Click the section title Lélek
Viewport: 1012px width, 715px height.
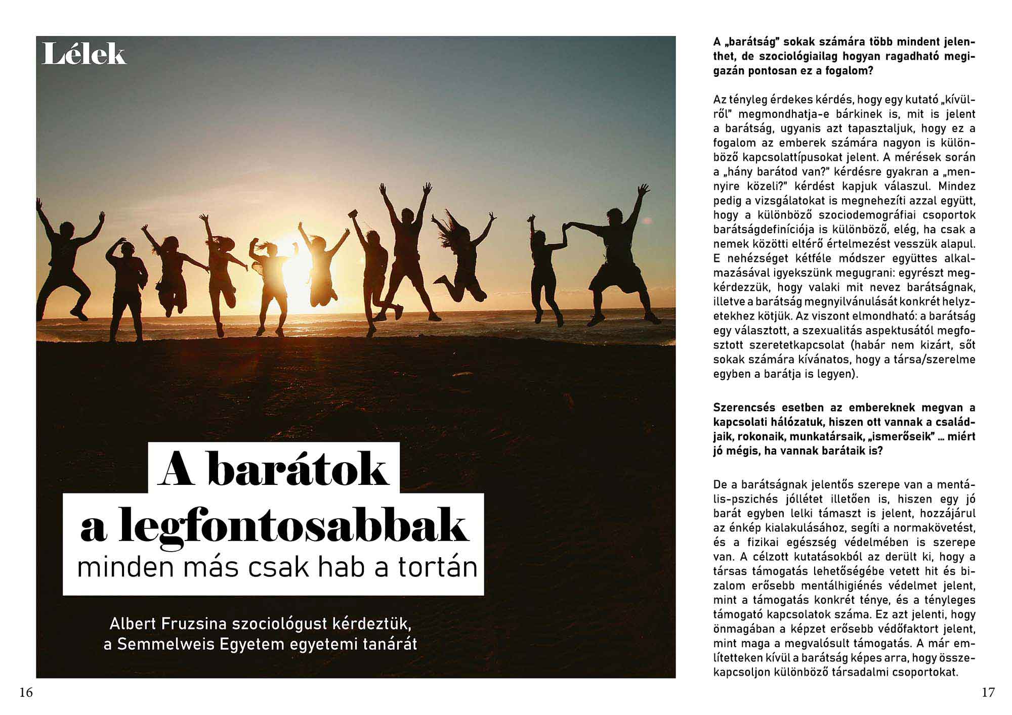[83, 54]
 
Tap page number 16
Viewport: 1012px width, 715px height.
[26, 693]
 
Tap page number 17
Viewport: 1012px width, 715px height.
[988, 693]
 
